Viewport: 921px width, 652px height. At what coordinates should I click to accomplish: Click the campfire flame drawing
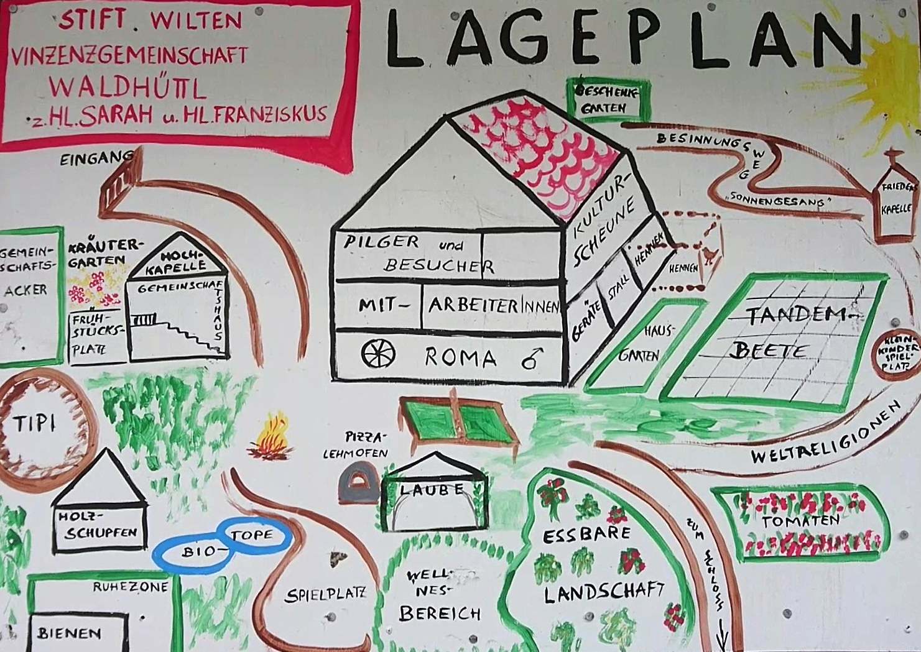click(271, 437)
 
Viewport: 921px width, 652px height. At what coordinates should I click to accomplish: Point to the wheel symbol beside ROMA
click(378, 354)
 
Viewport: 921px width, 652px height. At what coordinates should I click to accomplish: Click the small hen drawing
click(711, 255)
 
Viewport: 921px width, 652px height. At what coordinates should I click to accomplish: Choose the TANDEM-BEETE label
click(790, 333)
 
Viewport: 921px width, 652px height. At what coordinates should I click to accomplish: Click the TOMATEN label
click(801, 520)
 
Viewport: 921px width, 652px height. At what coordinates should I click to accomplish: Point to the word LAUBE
click(432, 489)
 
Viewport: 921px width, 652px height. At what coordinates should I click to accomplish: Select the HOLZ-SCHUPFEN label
click(97, 525)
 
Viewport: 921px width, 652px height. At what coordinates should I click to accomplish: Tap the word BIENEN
click(69, 633)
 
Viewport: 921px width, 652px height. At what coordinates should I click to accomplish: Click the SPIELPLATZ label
click(325, 595)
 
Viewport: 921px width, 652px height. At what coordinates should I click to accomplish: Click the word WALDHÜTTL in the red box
click(127, 88)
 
